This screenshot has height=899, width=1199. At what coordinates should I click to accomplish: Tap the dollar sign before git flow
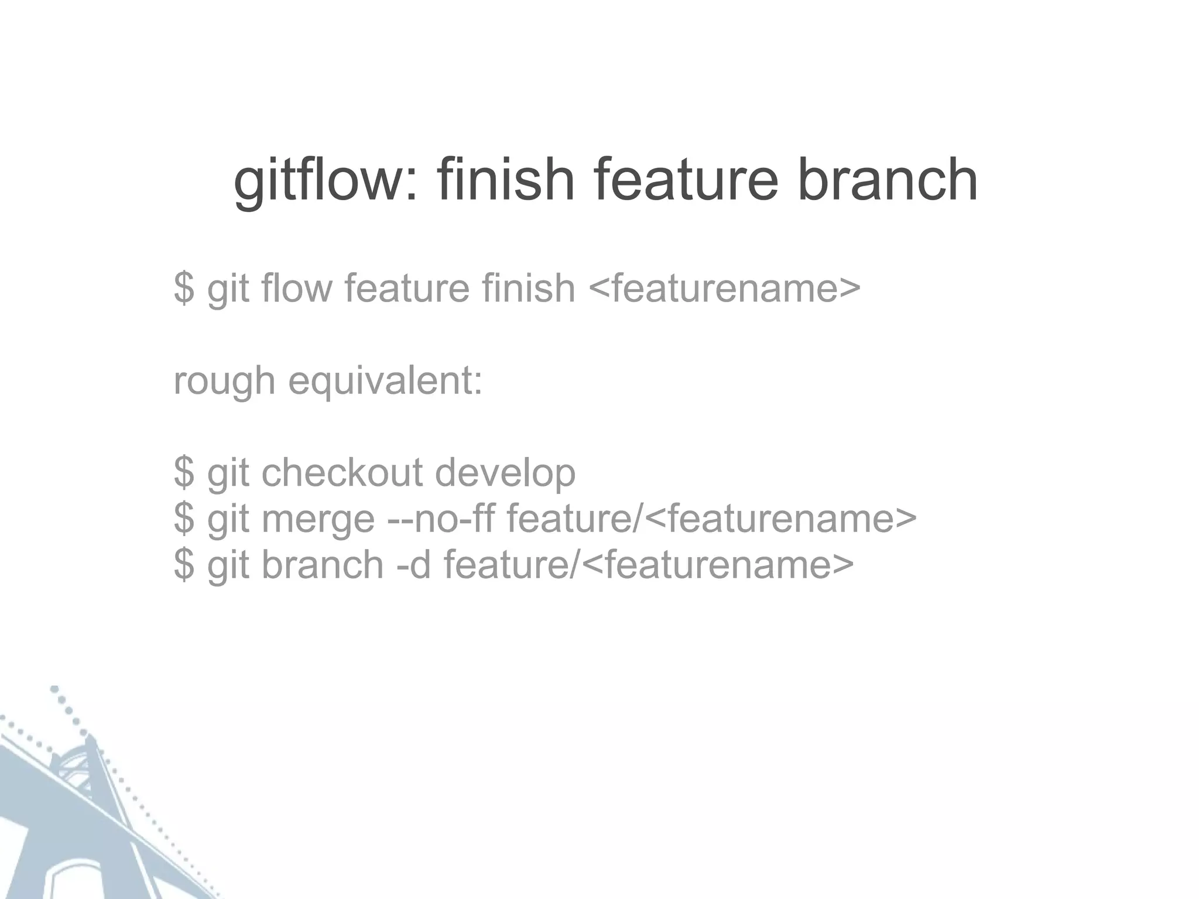[x=184, y=288]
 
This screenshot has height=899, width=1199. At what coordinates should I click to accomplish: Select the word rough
[x=224, y=382]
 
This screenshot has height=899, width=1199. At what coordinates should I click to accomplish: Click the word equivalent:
[x=385, y=382]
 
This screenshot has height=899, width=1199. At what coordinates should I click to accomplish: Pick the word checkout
[x=342, y=473]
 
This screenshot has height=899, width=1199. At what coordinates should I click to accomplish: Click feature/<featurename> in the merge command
[x=711, y=519]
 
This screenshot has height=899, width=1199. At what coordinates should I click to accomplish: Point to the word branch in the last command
[x=322, y=564]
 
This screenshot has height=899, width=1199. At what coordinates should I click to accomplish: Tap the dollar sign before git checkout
[x=184, y=473]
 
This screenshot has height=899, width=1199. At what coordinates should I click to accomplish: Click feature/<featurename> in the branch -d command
[x=649, y=564]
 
